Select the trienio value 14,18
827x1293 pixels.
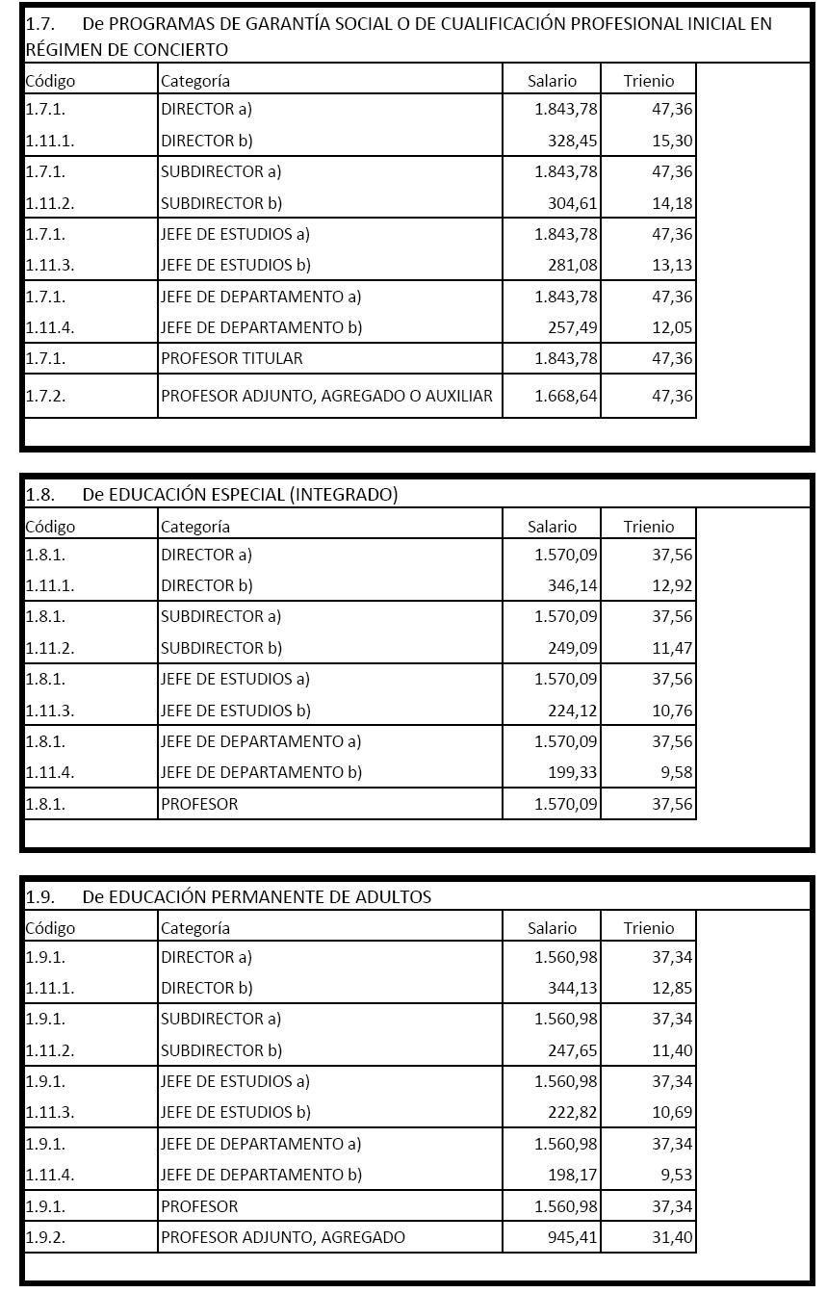pos(672,203)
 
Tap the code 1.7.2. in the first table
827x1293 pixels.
pos(46,396)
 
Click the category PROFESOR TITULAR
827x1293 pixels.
pos(232,358)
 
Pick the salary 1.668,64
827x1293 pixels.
pos(566,396)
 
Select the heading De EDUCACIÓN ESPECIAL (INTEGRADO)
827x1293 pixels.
pos(240,495)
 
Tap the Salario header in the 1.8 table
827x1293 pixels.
pos(553,527)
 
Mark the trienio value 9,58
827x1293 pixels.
pos(676,772)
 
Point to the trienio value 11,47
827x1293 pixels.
pos(672,648)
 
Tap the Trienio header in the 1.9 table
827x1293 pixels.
pos(649,928)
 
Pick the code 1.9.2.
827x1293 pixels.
pos(46,1237)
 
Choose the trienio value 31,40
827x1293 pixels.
pos(672,1237)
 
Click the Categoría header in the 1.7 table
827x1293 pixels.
pos(195,82)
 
